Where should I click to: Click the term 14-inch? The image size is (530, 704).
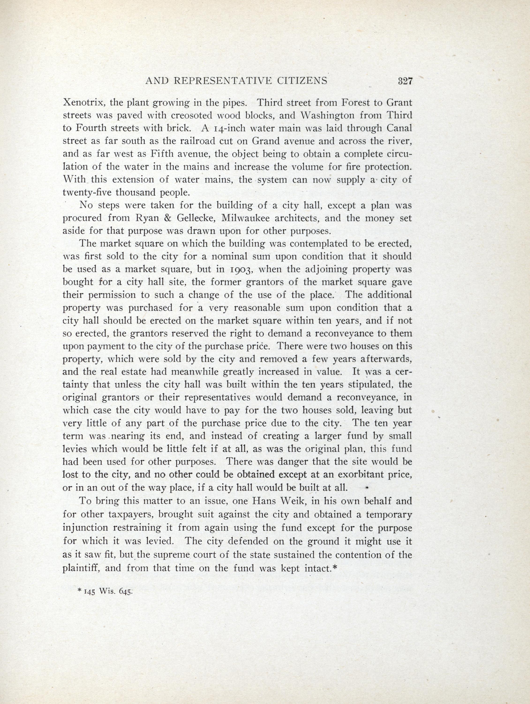pos(226,129)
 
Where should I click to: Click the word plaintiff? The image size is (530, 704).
pos(81,568)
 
